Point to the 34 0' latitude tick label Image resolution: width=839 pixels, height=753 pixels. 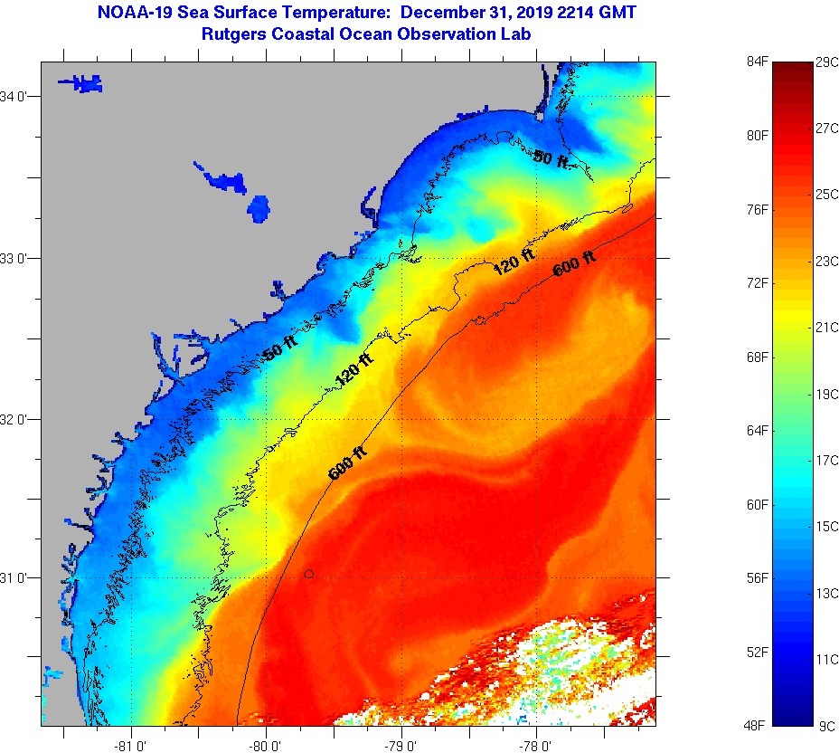point(20,96)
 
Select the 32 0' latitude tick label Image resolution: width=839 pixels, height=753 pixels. point(20,419)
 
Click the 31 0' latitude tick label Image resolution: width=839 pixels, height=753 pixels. point(20,577)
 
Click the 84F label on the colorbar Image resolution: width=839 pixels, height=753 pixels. point(756,62)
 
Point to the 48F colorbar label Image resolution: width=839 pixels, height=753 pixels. point(756,725)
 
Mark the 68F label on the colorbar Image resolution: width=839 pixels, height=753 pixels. point(756,357)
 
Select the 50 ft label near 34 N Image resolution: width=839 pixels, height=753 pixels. point(551,159)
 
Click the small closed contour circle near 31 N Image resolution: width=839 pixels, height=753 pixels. point(309,574)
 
